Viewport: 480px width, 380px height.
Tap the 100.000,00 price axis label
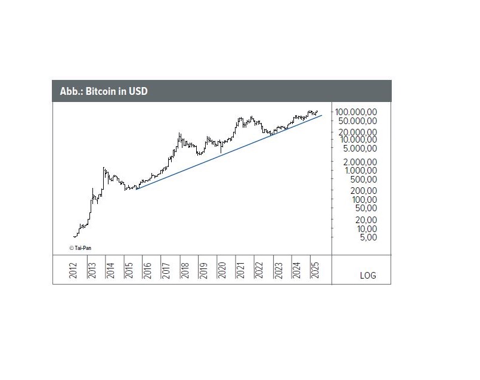pyautogui.click(x=356, y=112)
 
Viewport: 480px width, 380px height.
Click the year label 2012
pyautogui.click(x=73, y=270)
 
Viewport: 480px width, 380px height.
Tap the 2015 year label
pyautogui.click(x=128, y=270)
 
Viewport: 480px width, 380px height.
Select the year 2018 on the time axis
pyautogui.click(x=184, y=270)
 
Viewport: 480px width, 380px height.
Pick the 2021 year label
pyautogui.click(x=239, y=270)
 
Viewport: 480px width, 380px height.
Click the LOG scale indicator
pyautogui.click(x=368, y=276)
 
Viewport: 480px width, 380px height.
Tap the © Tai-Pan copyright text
pyautogui.click(x=79, y=248)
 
